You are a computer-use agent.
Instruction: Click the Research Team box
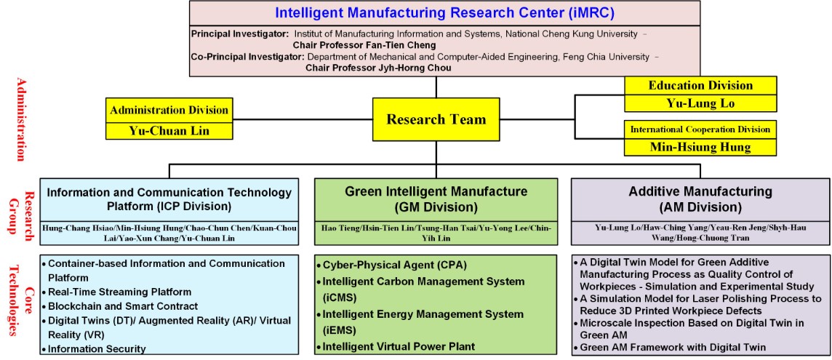click(436, 119)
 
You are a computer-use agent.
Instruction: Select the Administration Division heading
click(169, 110)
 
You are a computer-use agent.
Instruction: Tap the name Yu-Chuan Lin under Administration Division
click(169, 131)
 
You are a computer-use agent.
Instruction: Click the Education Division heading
click(700, 85)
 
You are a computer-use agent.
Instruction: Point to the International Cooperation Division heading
click(700, 129)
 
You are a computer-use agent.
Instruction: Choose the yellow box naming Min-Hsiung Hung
click(700, 147)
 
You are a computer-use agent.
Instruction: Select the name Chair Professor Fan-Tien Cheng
click(364, 45)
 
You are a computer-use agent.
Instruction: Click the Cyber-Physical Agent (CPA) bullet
click(390, 265)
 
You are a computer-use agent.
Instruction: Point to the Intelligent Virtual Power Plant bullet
click(396, 347)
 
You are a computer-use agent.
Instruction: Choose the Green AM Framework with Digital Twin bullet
click(670, 348)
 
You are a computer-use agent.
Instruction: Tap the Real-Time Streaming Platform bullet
click(116, 292)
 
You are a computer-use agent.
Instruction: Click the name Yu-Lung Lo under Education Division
click(700, 103)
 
